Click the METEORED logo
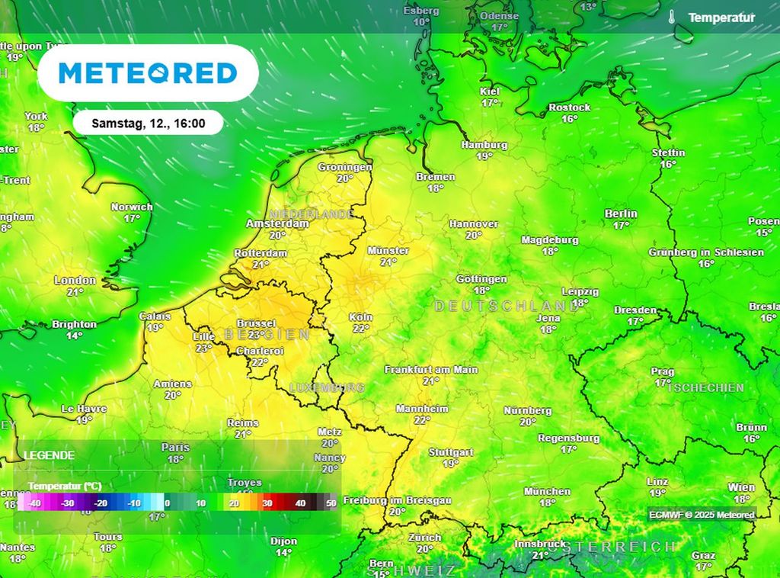point(148,73)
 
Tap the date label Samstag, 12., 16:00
point(148,123)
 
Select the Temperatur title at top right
point(721,18)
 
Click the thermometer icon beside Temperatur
point(672,17)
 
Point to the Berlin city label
point(621,214)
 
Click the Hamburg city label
point(484,145)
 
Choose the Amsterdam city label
point(277,224)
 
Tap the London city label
point(75,281)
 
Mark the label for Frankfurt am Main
point(431,370)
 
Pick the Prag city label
point(663,372)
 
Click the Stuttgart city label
point(451,452)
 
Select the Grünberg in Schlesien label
point(706,252)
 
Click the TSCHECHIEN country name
point(705,388)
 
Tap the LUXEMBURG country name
point(327,388)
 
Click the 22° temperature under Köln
point(360,329)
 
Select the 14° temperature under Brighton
point(74,336)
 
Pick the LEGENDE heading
point(49,455)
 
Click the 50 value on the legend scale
point(331,503)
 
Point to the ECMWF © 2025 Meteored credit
point(702,515)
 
